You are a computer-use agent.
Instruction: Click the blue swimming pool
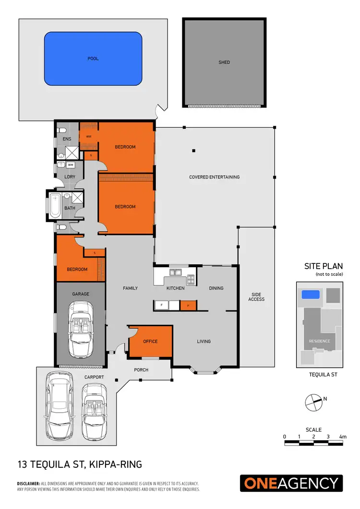tap(93, 58)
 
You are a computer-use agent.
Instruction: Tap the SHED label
tap(224, 62)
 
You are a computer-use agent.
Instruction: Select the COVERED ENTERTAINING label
tap(214, 177)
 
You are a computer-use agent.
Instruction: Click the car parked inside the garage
tap(81, 329)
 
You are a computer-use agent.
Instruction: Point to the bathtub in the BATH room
tap(54, 207)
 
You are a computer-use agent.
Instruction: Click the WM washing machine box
tap(71, 165)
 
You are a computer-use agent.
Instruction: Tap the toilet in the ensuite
tap(61, 131)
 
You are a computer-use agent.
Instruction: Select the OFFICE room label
tap(150, 342)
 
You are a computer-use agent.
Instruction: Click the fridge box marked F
tap(162, 305)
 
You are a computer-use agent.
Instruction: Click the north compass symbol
tap(313, 402)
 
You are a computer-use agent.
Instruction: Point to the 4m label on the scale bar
tap(343, 437)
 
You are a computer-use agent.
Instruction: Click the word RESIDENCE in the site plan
tap(319, 341)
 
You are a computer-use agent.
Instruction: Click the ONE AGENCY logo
tap(292, 483)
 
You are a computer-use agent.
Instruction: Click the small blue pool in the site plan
tap(310, 295)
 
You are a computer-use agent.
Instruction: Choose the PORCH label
tap(141, 370)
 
